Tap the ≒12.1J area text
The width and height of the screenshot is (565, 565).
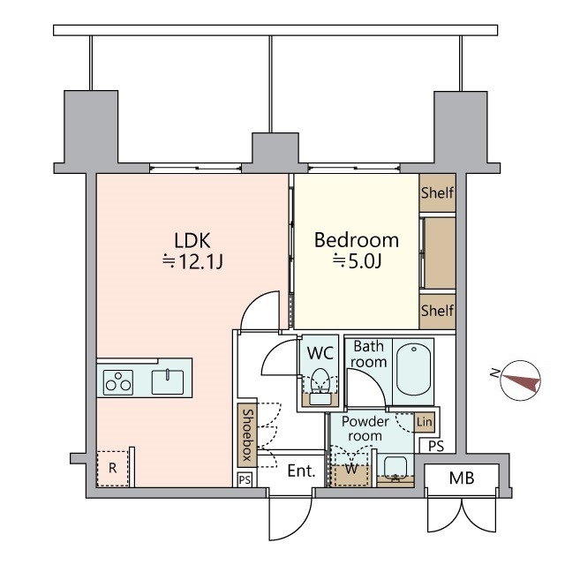pos(192,261)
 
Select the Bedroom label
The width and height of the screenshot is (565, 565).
pos(357,239)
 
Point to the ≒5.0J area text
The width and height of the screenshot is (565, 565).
pos(357,261)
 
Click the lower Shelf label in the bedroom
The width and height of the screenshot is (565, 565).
pos(437,311)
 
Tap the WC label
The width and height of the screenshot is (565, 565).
pos(320,352)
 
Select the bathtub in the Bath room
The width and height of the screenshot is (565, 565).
pos(413,371)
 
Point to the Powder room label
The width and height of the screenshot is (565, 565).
pos(365,429)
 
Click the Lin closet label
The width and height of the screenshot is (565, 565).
pos(425,422)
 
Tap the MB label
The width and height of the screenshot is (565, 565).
pos(461,479)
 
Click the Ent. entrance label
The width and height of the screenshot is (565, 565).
pos(302,471)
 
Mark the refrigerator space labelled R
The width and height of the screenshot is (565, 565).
pos(112,469)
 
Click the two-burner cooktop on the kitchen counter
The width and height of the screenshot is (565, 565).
pos(118,382)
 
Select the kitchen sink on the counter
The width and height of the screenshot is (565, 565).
pos(167,381)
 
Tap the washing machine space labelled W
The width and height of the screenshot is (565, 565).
pos(351,469)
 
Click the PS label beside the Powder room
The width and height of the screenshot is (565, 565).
pos(436,447)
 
